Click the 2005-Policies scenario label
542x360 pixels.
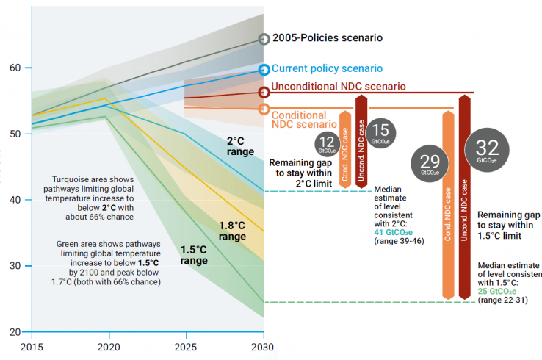tap(328, 38)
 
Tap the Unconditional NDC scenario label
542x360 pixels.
tap(339, 87)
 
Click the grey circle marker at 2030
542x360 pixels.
tap(264, 39)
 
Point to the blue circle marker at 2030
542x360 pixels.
tap(264, 70)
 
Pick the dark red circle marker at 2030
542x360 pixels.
tap(264, 92)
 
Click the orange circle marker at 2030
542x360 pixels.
tap(264, 109)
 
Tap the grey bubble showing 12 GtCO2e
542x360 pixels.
tap(327, 142)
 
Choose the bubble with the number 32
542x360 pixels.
tap(487, 148)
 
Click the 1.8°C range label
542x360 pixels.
tap(232, 231)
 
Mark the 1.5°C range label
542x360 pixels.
tap(195, 255)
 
